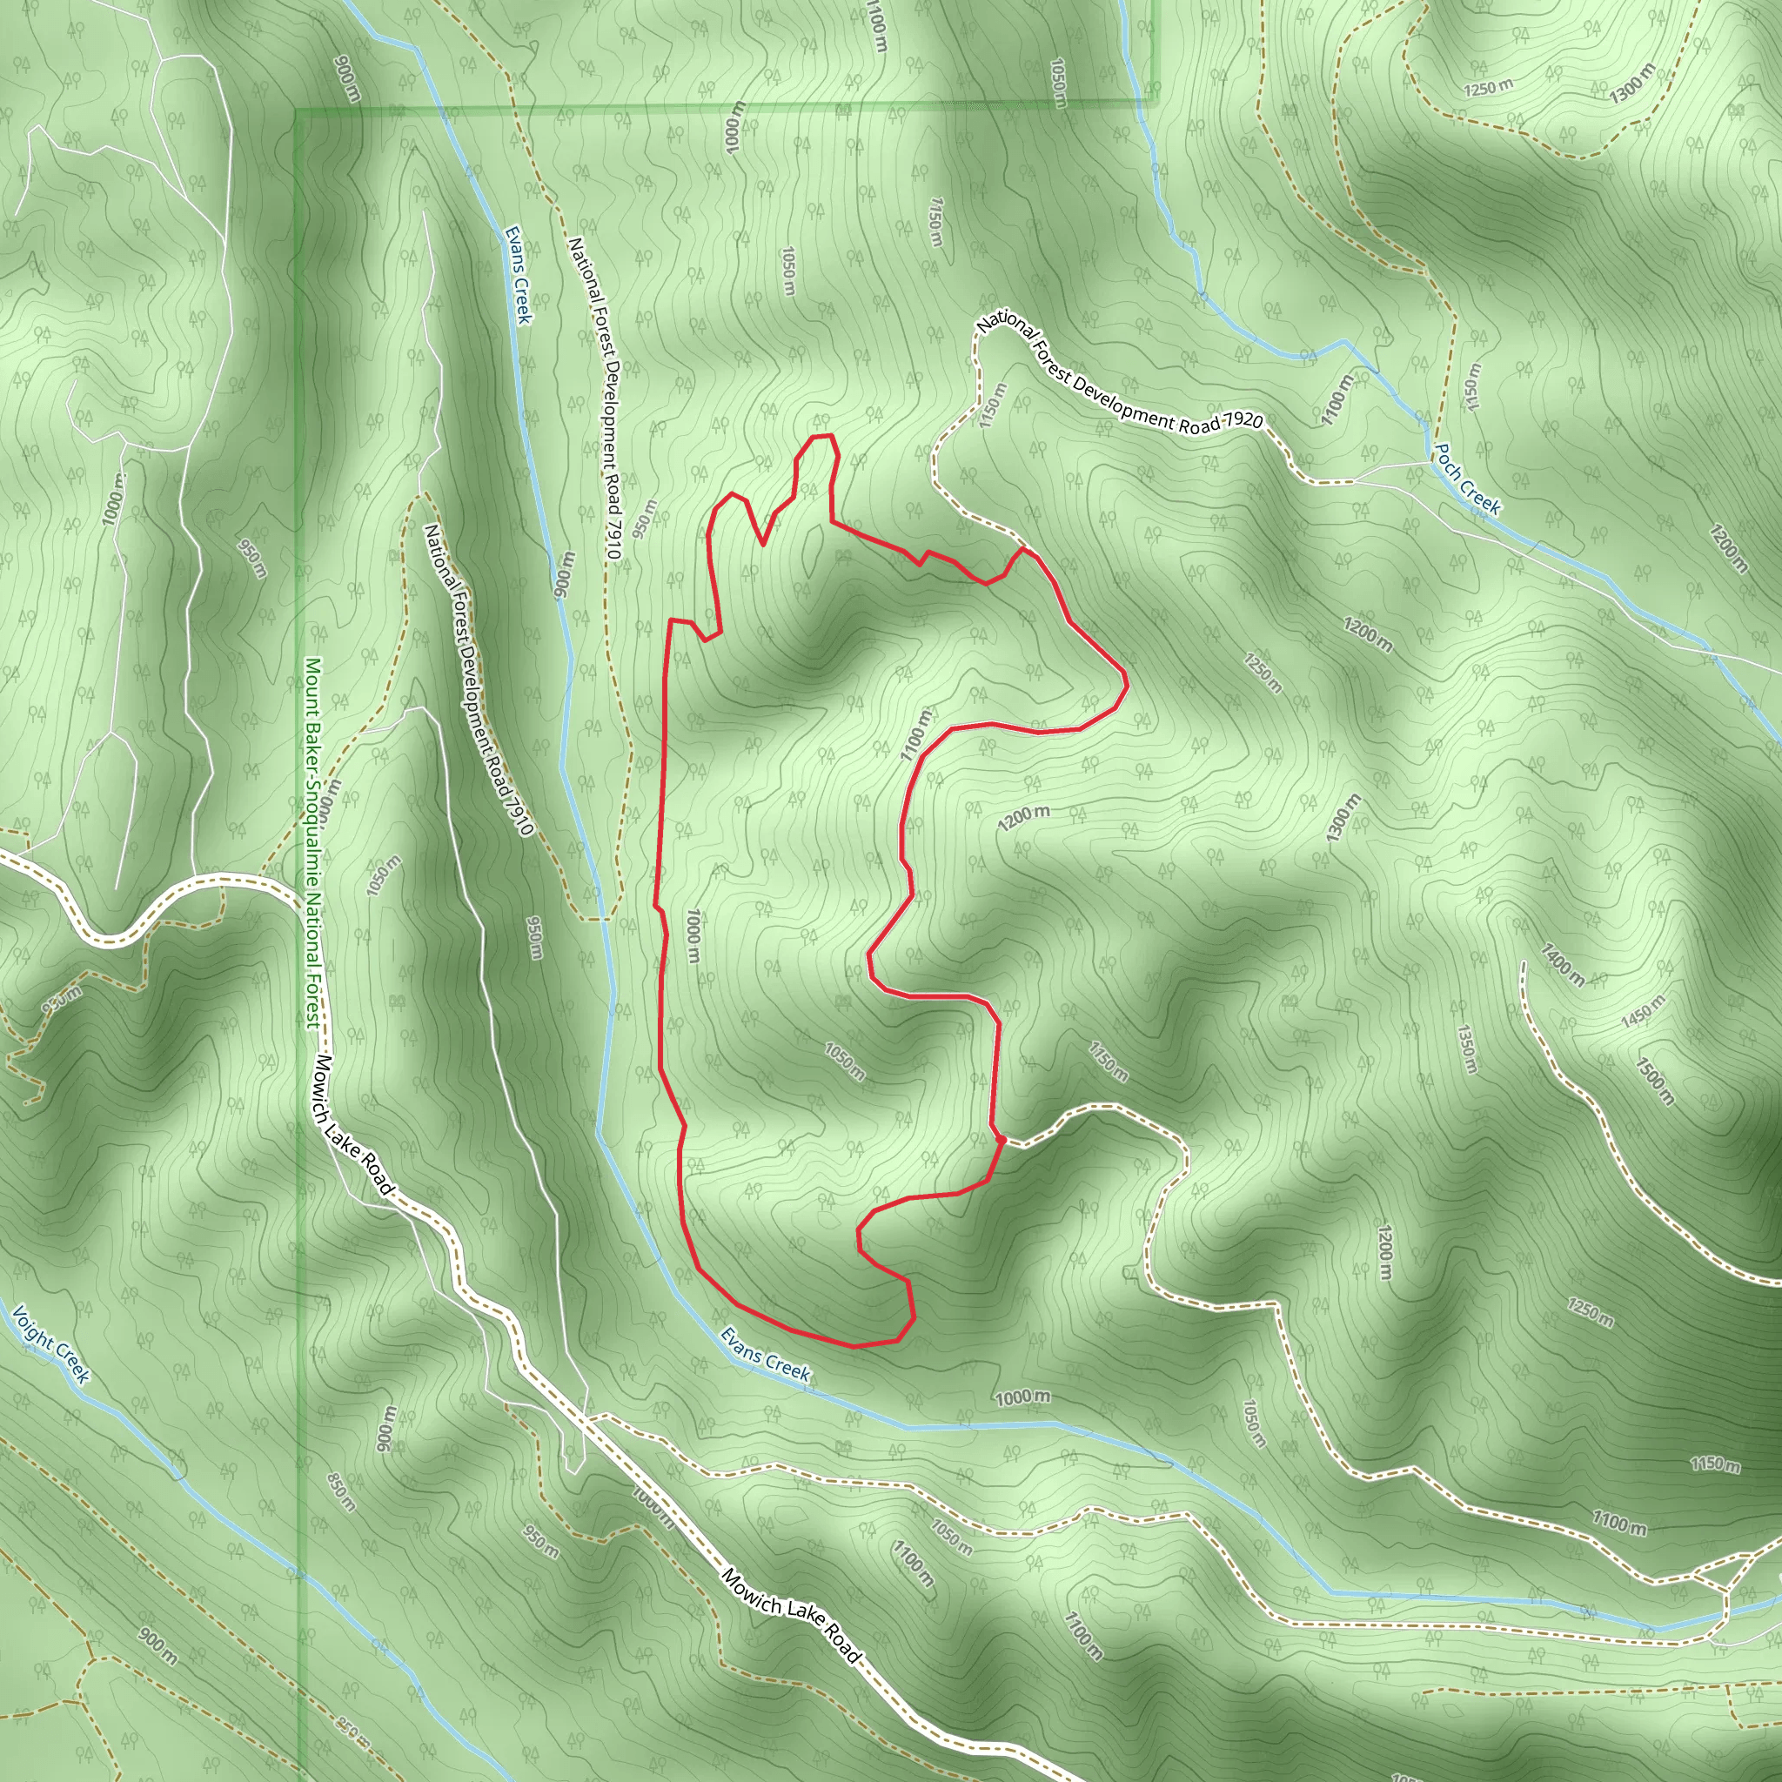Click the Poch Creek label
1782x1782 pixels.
pos(1465,479)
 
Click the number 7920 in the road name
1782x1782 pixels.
pos(1241,421)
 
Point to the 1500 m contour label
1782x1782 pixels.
pos(1655,1080)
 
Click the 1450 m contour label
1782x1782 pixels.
pos(1643,1012)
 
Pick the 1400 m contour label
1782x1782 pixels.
pos(1562,965)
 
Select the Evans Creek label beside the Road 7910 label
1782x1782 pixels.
pos(518,275)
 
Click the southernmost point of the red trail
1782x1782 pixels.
pos(854,1347)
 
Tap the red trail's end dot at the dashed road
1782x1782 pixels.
pos(1002,1141)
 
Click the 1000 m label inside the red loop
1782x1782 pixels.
pos(693,935)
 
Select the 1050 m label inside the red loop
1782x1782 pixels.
pos(844,1062)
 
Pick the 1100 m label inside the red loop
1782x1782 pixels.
pos(916,734)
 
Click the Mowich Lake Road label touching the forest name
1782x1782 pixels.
pos(353,1126)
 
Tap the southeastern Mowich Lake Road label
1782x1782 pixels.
pos(790,1617)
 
